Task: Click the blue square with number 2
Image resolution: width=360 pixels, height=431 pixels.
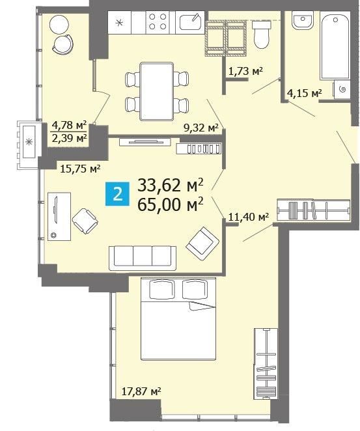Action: click(117, 194)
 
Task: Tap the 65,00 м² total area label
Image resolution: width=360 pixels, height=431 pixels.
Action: click(171, 204)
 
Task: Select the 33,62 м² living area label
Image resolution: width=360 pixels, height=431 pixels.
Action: click(171, 185)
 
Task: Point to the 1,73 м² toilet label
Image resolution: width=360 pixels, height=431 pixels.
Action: click(245, 71)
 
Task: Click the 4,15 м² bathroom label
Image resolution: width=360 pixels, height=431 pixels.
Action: click(304, 93)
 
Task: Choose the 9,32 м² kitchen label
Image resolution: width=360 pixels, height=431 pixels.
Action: click(201, 128)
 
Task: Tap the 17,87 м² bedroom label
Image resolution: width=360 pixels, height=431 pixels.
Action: click(141, 391)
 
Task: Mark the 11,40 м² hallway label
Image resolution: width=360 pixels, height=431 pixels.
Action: click(249, 217)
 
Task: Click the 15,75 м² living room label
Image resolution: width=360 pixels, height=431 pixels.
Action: click(80, 169)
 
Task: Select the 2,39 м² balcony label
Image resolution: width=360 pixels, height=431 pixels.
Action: click(70, 138)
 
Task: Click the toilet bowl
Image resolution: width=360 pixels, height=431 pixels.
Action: click(261, 35)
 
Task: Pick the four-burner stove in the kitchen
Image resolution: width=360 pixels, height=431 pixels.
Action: click(158, 21)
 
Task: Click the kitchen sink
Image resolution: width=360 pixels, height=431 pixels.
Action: click(190, 21)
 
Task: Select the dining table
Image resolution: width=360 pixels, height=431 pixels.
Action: click(157, 91)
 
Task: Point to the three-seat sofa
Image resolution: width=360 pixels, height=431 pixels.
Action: click(143, 258)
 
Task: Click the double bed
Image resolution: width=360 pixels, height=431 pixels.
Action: click(178, 319)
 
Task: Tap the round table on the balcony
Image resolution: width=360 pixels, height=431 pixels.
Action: click(59, 24)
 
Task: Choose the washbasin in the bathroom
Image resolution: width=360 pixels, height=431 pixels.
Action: click(303, 20)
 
